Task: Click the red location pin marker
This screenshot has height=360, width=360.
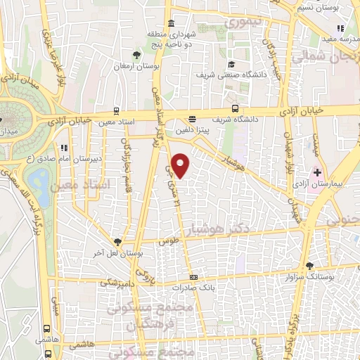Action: tap(181, 165)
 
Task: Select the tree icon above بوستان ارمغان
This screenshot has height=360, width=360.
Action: tap(136, 55)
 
